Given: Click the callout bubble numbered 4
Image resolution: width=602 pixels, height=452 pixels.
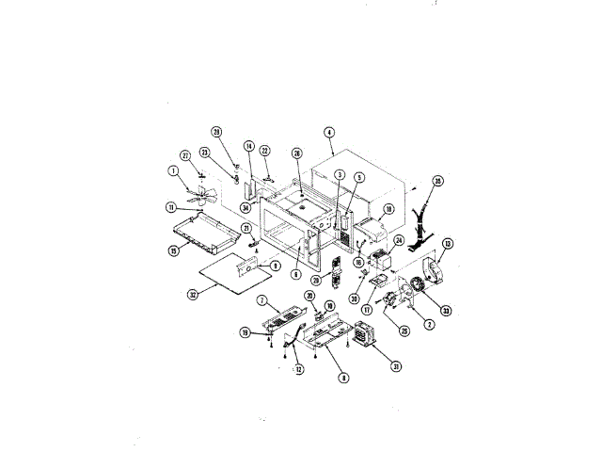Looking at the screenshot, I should tap(329, 132).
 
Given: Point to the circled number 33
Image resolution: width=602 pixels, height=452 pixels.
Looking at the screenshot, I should tap(446, 312).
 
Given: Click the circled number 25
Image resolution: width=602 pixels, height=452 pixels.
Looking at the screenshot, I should tap(404, 331).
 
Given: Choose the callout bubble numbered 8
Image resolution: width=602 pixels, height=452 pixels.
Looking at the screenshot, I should tap(344, 379).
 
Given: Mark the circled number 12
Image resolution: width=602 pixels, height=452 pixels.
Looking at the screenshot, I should tap(299, 370).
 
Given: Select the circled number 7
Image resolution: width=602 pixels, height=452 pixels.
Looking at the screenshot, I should tap(264, 300).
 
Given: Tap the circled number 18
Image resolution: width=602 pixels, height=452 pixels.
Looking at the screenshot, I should tap(388, 210).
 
